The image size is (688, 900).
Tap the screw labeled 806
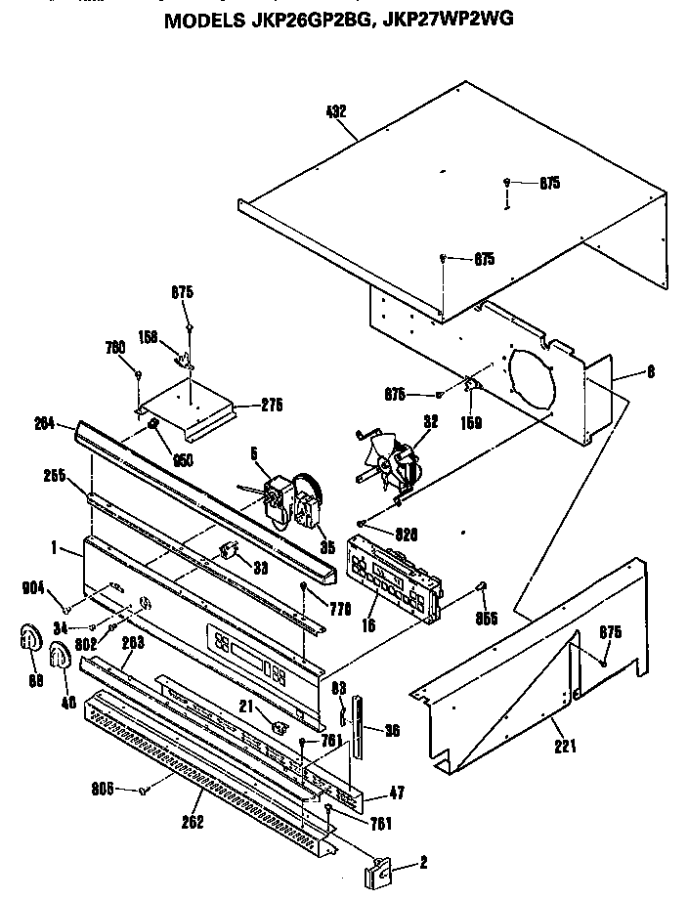(144, 790)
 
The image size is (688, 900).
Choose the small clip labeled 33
(231, 550)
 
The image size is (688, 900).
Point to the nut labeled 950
(154, 423)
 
